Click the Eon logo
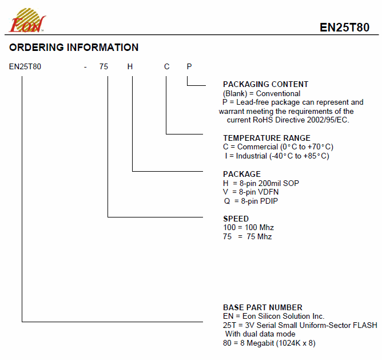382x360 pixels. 27,21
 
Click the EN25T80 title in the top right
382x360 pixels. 344,27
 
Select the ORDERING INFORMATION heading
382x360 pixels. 74,48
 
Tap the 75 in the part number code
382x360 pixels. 104,66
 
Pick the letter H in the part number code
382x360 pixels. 130,66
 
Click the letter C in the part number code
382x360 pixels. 166,66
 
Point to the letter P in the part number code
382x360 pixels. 189,66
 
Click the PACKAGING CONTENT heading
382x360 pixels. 265,84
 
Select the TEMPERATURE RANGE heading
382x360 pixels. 266,138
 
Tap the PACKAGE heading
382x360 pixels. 242,174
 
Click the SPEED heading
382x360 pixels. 236,219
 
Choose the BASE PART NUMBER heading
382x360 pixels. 262,307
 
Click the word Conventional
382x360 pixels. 278,94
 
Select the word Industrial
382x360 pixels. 252,156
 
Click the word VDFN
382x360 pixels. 268,192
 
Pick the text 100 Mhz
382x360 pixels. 259,228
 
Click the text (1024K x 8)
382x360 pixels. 296,343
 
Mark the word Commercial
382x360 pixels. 257,147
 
